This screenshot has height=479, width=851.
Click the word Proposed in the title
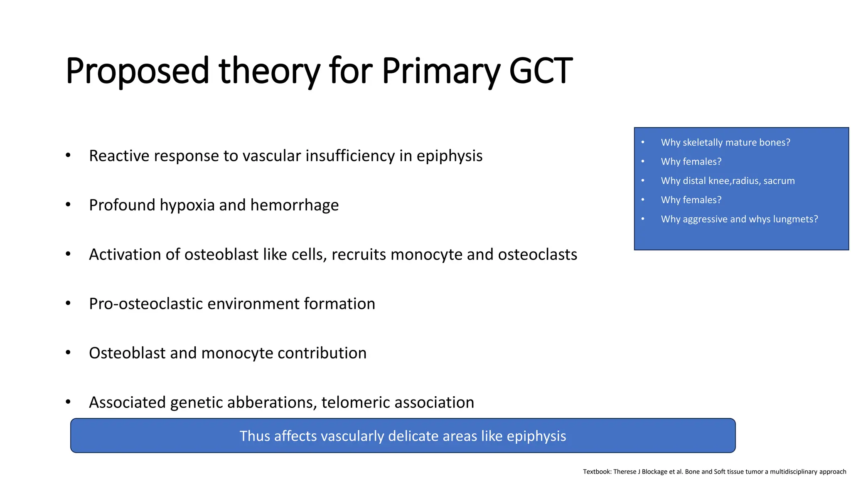[137, 72]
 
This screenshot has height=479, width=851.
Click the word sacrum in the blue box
[779, 181]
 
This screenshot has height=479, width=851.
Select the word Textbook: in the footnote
[597, 472]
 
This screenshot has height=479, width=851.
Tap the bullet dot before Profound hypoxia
[68, 204]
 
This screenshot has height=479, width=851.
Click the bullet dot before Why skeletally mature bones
[643, 142]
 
